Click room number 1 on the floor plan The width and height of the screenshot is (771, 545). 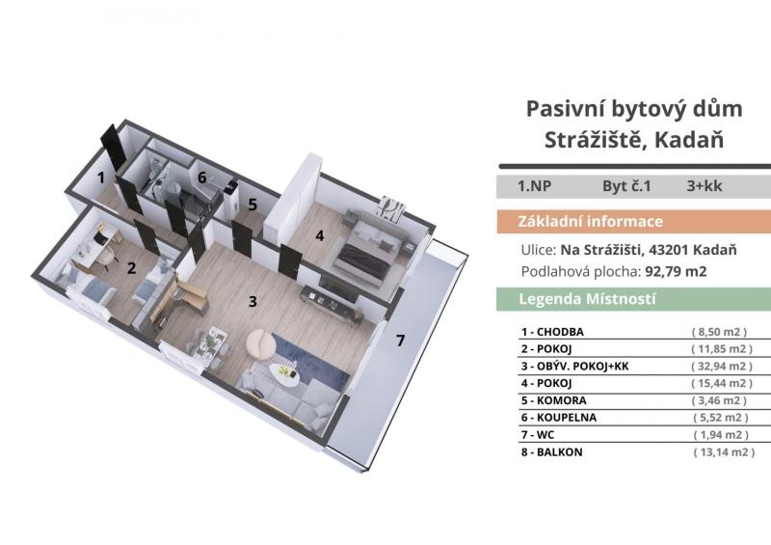[101, 177]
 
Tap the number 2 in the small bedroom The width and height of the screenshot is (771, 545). [131, 268]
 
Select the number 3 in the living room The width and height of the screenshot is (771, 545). [253, 301]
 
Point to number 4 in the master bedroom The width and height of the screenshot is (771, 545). [320, 235]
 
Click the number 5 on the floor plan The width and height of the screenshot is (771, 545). [253, 204]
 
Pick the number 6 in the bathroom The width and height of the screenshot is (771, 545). [202, 177]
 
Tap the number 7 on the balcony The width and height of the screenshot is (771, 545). [401, 341]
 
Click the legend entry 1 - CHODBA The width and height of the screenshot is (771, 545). [552, 332]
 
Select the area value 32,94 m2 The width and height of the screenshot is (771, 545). [722, 367]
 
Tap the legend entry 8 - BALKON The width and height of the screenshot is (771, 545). [551, 452]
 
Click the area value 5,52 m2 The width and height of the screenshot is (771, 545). [721, 418]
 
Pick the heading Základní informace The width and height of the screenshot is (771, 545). [590, 222]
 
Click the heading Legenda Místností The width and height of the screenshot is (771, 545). [588, 299]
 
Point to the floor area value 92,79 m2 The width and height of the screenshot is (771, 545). [676, 272]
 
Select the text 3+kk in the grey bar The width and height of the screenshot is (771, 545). [705, 186]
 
